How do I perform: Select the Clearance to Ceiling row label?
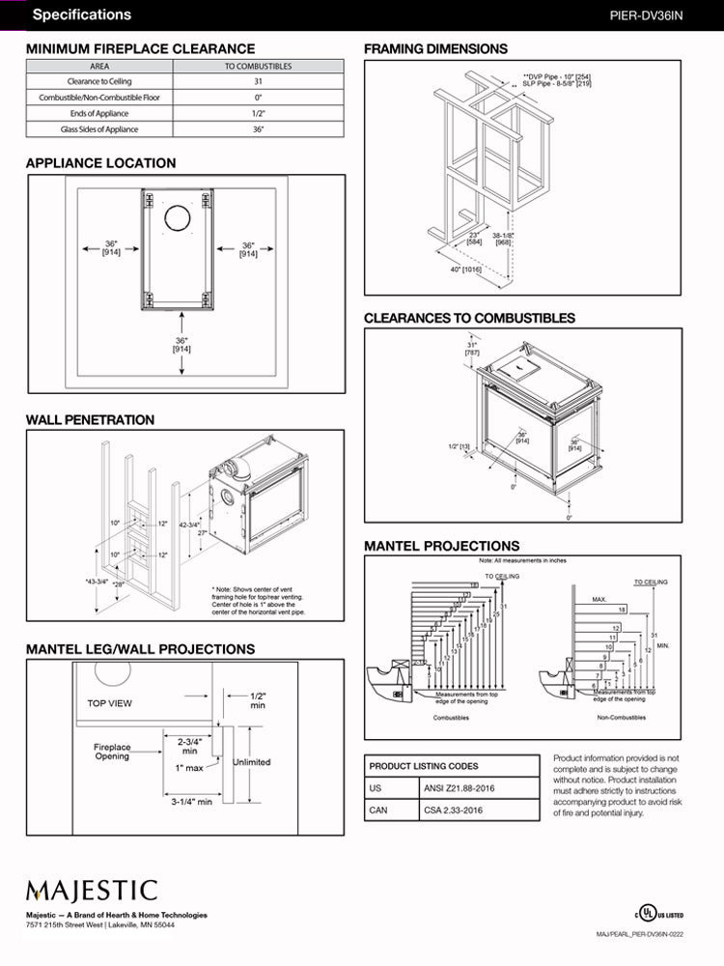(99, 82)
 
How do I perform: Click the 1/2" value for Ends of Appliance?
(258, 113)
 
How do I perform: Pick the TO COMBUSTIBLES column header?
(258, 67)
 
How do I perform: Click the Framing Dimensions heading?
(435, 49)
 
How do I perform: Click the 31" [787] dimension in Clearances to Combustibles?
(472, 349)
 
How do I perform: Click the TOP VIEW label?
(110, 703)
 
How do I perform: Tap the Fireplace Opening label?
(112, 752)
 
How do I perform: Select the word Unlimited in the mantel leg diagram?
(251, 762)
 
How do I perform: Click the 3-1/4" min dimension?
(192, 802)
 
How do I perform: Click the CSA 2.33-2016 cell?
(454, 810)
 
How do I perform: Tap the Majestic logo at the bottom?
(92, 890)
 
